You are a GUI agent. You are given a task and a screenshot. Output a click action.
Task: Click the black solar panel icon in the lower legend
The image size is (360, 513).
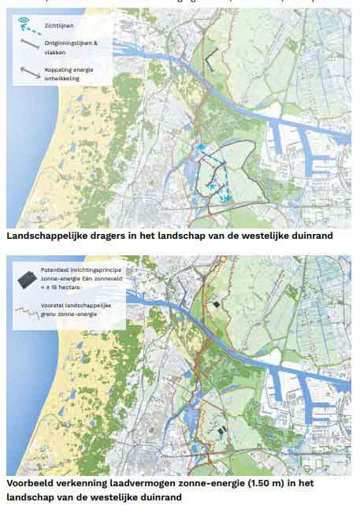coord(27,277)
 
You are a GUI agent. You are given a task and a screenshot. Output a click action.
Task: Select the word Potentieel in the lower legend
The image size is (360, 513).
coord(62,270)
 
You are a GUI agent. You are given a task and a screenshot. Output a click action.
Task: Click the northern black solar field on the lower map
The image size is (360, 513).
coord(214,304)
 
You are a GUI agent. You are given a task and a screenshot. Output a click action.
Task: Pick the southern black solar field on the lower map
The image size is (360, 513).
coord(221,429)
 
